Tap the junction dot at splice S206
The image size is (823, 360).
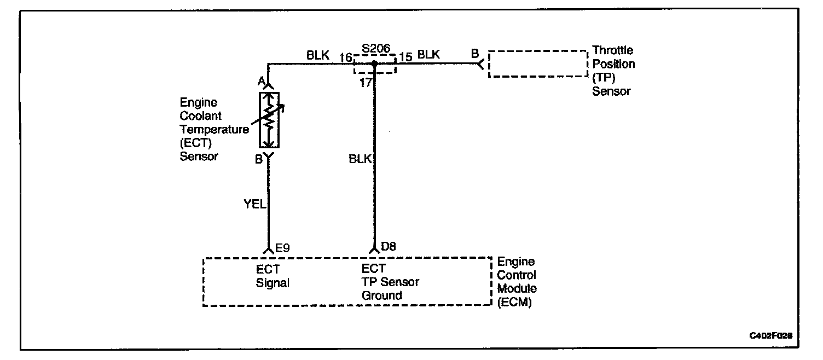375,63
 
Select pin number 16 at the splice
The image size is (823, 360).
345,56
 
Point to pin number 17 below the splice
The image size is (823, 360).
366,83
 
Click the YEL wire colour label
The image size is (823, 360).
254,205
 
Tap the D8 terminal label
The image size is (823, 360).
388,247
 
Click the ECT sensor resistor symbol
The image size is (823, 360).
269,120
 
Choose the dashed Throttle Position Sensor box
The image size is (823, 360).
537,64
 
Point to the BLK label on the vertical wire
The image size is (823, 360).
360,159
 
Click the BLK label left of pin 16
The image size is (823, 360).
318,55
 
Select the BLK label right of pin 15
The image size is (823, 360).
428,55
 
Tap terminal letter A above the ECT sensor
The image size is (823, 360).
262,81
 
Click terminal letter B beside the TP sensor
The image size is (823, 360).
475,54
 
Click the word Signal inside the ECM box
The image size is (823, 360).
273,283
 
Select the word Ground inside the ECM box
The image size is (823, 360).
381,295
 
